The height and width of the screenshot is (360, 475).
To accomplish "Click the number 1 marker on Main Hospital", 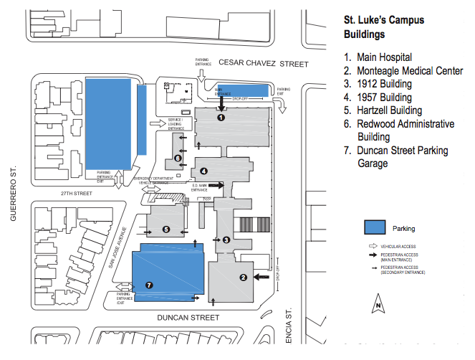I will (221, 117).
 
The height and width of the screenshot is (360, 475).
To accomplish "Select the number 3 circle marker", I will (226, 240).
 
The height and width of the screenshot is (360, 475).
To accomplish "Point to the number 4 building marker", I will (203, 171).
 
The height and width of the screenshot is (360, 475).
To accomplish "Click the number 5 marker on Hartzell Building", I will (166, 229).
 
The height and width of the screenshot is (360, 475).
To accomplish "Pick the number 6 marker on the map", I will (177, 158).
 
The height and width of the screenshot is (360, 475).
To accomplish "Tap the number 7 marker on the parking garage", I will (150, 285).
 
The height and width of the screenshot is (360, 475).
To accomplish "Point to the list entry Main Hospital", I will (386, 57).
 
